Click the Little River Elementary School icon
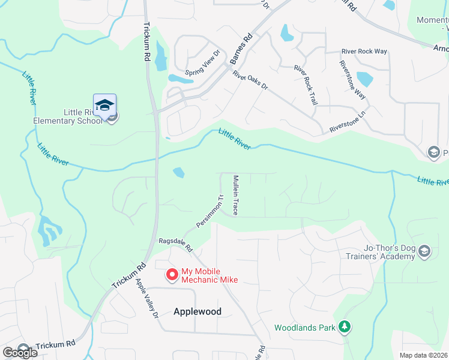point(104,106)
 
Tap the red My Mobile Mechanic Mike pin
point(172,274)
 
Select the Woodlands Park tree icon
point(345,327)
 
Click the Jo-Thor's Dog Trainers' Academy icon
point(425,251)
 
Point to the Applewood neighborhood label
point(197,311)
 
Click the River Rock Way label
point(364,52)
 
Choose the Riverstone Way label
point(352,79)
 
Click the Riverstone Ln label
point(348,121)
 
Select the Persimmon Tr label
point(209,211)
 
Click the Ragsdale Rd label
point(175,244)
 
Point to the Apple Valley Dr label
point(146,298)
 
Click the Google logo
point(20,353)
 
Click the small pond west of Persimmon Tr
point(179,173)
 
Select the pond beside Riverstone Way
point(364,79)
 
